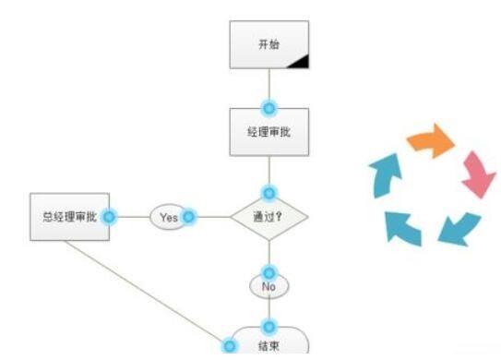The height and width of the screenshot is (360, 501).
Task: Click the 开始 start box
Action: [x=268, y=44]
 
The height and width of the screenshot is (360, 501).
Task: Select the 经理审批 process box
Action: [x=268, y=131]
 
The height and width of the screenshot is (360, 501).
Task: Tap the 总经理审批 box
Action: [x=69, y=218]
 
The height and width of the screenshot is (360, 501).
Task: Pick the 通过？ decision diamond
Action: [x=268, y=218]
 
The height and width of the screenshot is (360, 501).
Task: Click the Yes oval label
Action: [x=168, y=218]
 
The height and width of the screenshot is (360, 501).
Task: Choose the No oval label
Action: [x=268, y=287]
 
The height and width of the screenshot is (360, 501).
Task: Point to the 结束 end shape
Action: [x=268, y=344]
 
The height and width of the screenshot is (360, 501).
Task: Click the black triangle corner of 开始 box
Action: [x=301, y=61]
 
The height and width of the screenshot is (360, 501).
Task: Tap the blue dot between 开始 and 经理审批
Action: [x=269, y=108]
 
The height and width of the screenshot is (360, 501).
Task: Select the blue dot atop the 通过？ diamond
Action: [x=269, y=193]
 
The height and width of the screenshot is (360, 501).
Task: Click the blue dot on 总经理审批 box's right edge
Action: [x=109, y=217]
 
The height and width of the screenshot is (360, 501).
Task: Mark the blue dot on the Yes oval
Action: [x=189, y=217]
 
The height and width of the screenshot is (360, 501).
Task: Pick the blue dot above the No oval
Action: [x=269, y=272]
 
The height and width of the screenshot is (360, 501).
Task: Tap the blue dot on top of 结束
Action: [x=269, y=327]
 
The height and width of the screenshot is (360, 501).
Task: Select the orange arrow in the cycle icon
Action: [x=432, y=142]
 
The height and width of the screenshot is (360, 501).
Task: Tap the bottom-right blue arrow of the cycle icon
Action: [x=457, y=227]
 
